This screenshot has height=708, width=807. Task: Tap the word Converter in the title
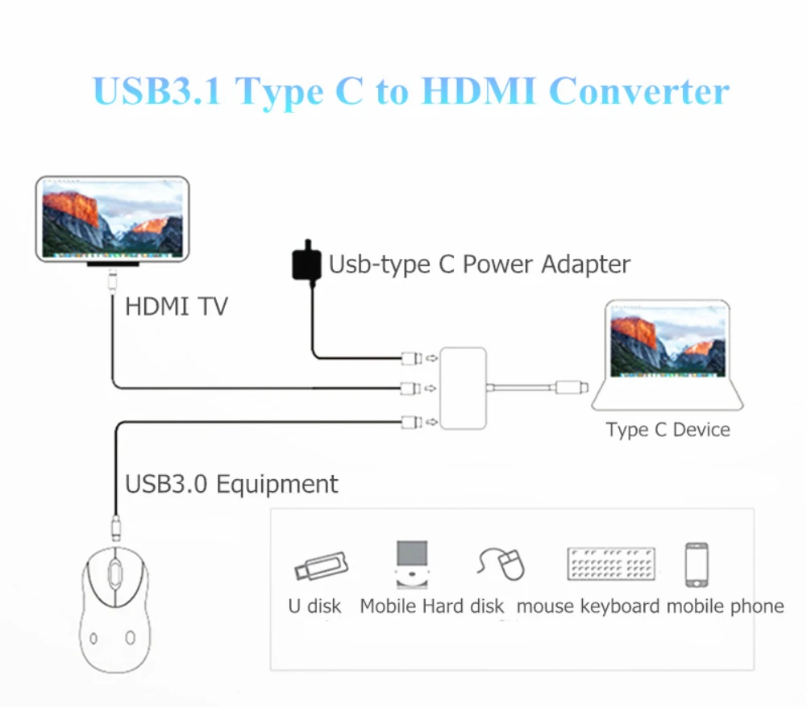(639, 91)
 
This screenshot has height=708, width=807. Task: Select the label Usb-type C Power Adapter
(480, 264)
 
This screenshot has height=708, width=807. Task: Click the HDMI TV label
(177, 306)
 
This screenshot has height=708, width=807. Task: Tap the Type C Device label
(668, 430)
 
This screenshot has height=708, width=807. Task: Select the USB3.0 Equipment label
(231, 484)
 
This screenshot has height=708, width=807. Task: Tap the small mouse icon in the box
(503, 563)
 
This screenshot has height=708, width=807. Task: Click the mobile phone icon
(697, 564)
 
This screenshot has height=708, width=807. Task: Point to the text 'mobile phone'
(725, 606)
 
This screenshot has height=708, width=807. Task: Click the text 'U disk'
(314, 606)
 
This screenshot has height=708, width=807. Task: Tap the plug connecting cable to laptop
(571, 388)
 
